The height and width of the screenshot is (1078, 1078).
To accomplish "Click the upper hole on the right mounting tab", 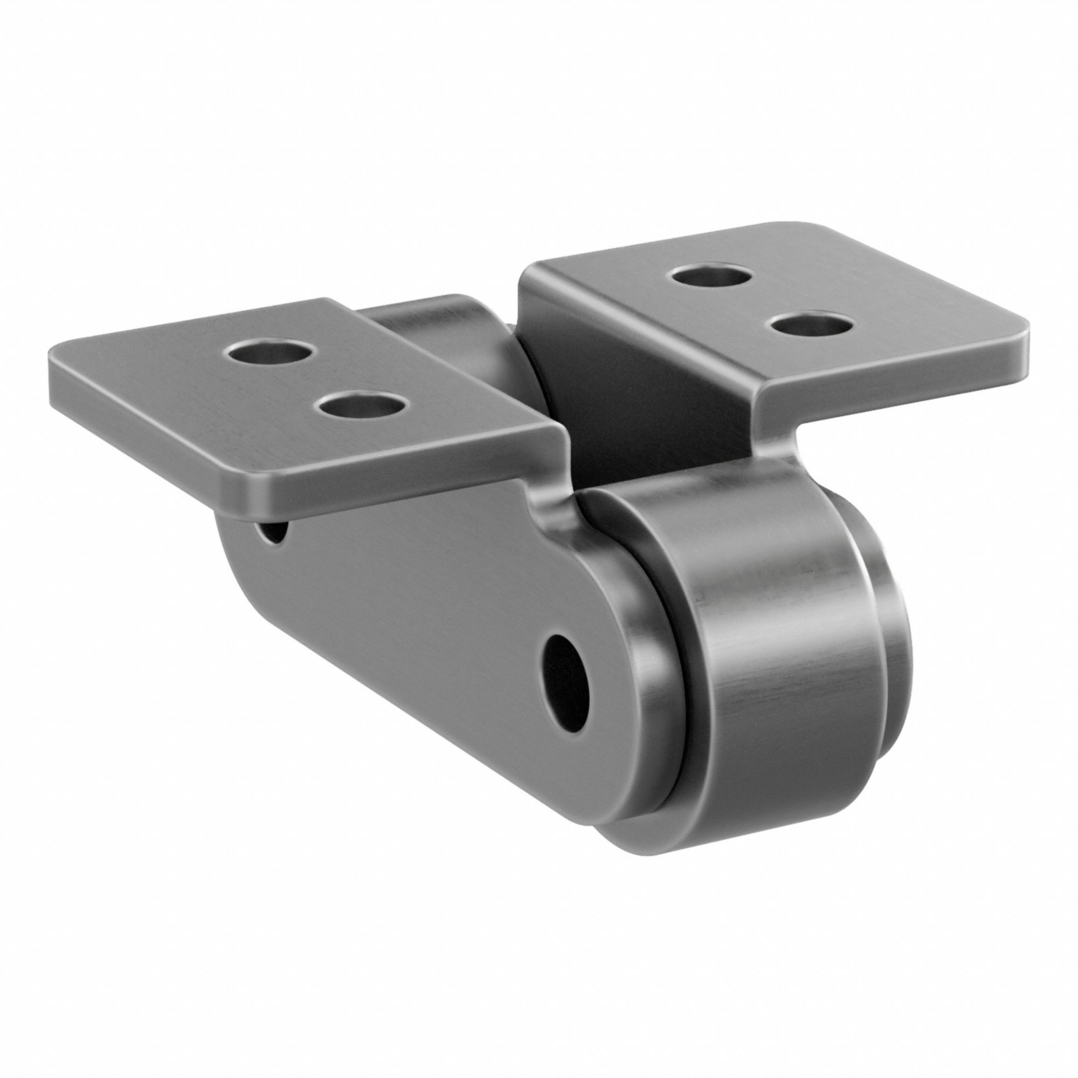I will pyautogui.click(x=711, y=275).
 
